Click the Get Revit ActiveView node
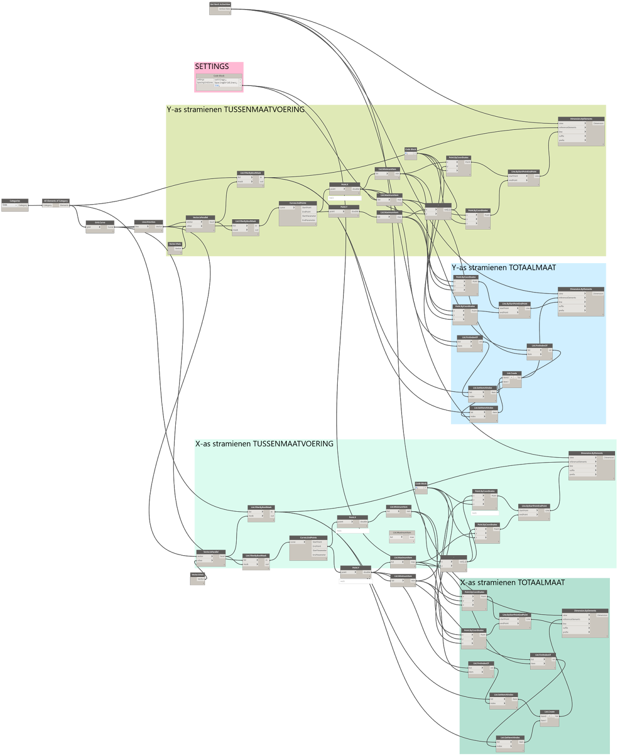click(220, 5)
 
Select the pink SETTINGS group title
click(212, 67)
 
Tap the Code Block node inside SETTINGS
click(219, 76)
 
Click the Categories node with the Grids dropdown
click(15, 201)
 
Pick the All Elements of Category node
click(56, 201)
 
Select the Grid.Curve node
click(100, 223)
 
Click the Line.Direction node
click(149, 222)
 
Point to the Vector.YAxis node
click(175, 244)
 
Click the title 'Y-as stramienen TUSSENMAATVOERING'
click(236, 110)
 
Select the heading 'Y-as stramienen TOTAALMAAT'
click(504, 268)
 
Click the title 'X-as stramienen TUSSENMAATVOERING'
click(265, 444)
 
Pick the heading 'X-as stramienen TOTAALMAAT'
click(513, 583)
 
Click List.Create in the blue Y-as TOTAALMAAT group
click(512, 373)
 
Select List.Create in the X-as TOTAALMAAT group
click(549, 712)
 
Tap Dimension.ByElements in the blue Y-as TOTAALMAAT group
click(581, 289)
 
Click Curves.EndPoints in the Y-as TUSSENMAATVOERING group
click(298, 203)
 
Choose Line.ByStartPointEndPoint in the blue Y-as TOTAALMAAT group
click(515, 304)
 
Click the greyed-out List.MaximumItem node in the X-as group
click(402, 533)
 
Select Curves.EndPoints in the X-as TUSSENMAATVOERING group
click(308, 538)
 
